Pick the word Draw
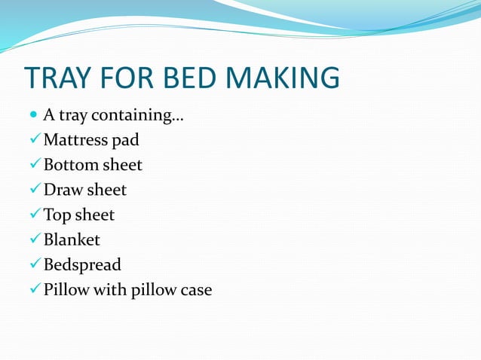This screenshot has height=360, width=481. pyautogui.click(x=63, y=190)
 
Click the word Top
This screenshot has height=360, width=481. pyautogui.click(x=57, y=215)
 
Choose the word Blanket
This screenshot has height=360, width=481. pyautogui.click(x=72, y=240)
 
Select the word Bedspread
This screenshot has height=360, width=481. pyautogui.click(x=82, y=265)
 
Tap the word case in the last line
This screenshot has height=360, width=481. pyautogui.click(x=195, y=289)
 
